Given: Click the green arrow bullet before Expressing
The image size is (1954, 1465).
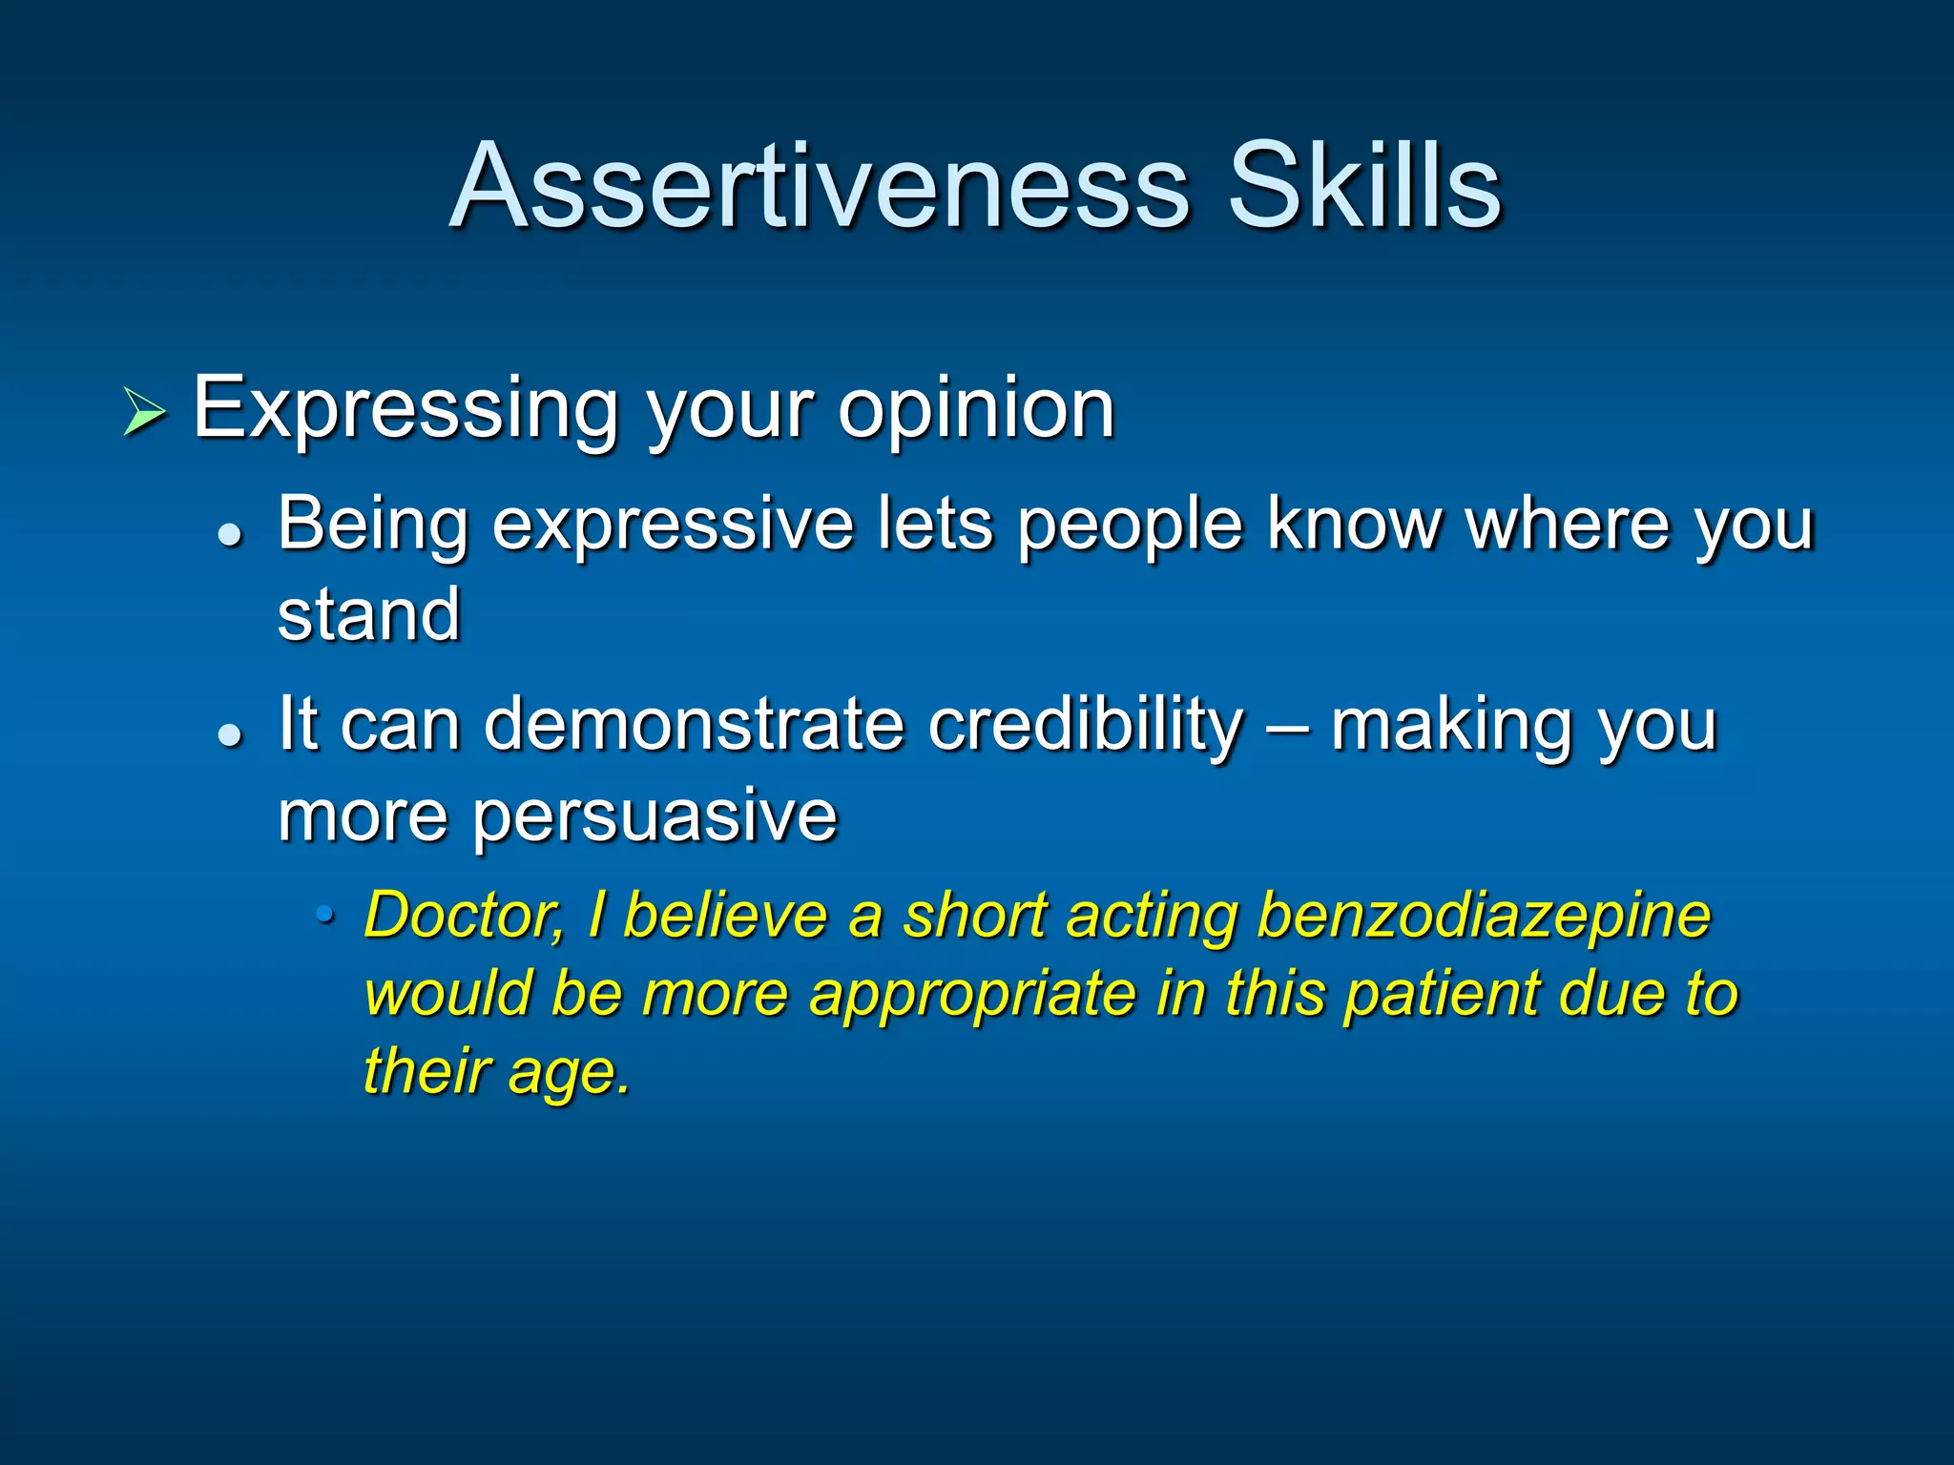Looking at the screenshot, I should pyautogui.click(x=144, y=413).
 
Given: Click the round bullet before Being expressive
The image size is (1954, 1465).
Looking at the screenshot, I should pyautogui.click(x=230, y=535).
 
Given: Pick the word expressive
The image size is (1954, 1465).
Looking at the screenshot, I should pyautogui.click(x=672, y=525).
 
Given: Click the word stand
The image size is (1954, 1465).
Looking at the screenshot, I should pyautogui.click(x=369, y=615).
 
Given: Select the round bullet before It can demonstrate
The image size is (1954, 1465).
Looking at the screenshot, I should pyautogui.click(x=230, y=735).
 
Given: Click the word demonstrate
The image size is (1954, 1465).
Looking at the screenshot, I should pyautogui.click(x=694, y=725).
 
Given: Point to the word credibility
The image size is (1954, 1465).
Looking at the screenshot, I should pyautogui.click(x=1087, y=725).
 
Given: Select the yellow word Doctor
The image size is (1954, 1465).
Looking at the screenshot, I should pyautogui.click(x=465, y=916).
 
